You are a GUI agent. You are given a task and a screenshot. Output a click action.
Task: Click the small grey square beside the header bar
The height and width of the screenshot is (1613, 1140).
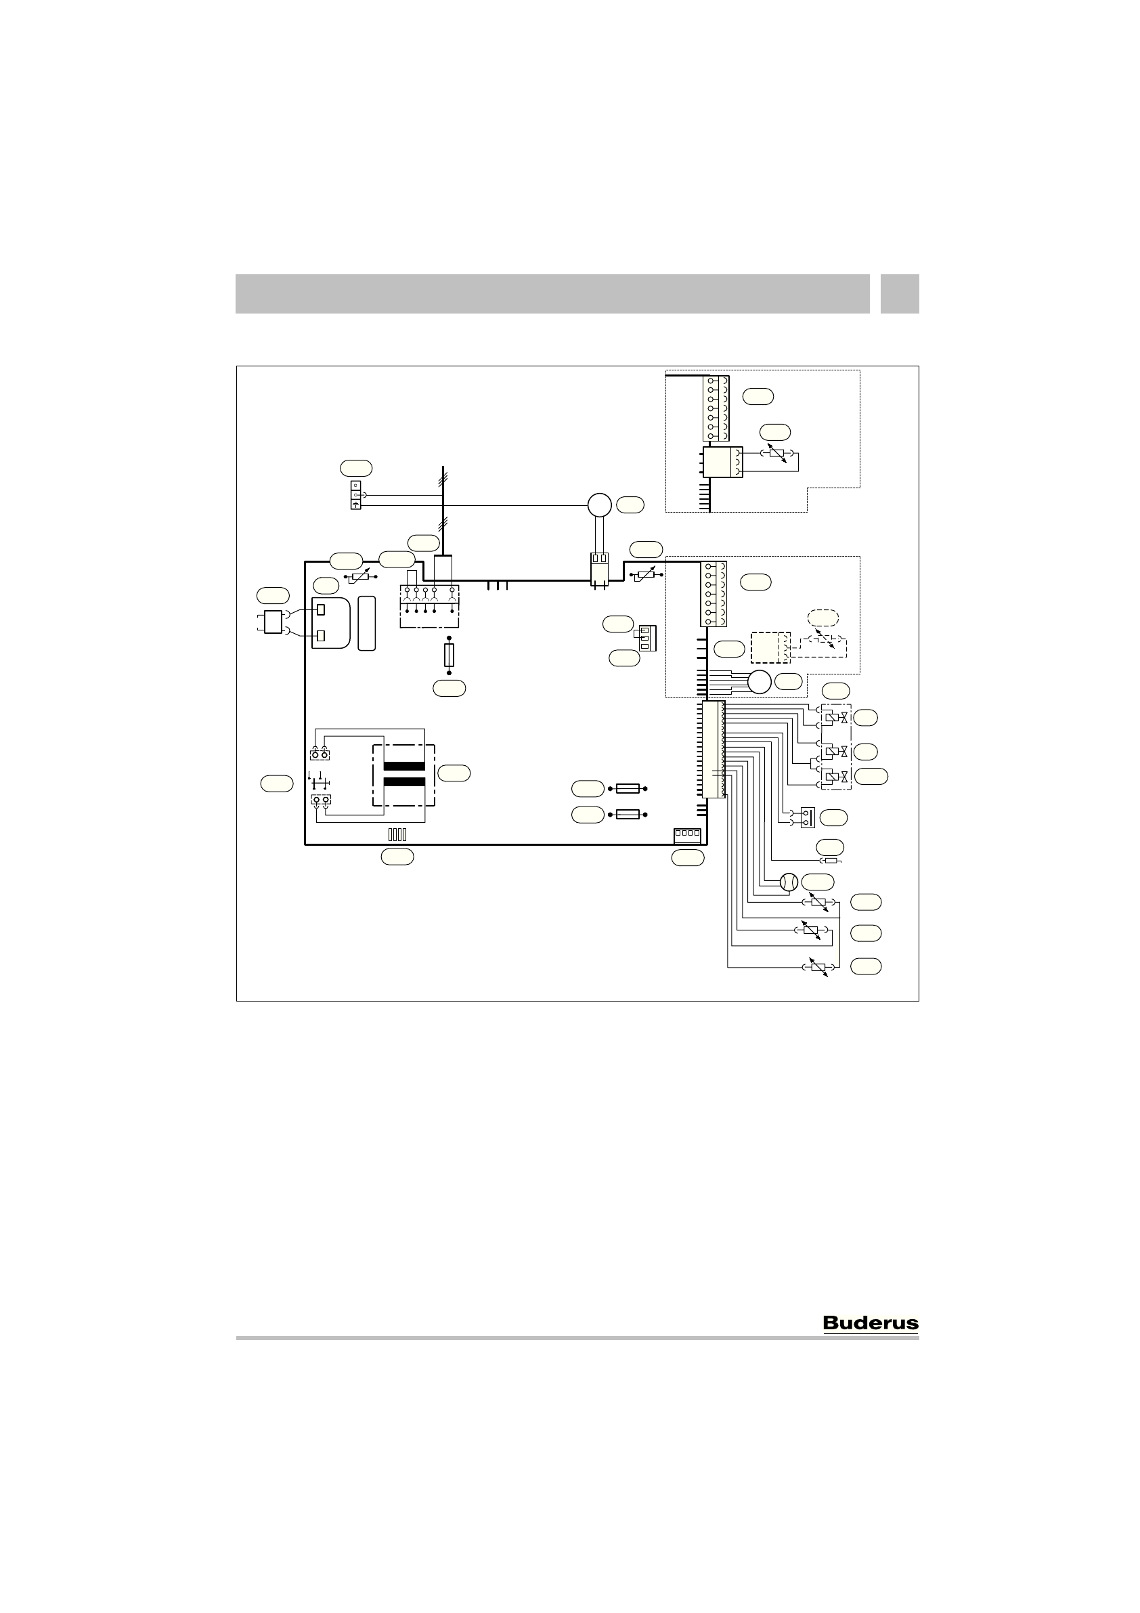point(900,294)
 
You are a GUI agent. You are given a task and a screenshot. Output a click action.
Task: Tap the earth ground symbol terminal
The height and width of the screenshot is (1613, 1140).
point(356,504)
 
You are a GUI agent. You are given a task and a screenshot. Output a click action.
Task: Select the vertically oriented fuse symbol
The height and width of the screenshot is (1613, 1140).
point(450,655)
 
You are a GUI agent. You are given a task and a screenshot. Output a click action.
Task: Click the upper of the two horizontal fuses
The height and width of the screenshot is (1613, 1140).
point(628,789)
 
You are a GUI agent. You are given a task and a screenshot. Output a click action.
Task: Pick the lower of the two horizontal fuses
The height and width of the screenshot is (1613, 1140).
point(628,814)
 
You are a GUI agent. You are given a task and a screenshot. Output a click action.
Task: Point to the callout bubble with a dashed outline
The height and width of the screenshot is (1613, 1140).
point(823,618)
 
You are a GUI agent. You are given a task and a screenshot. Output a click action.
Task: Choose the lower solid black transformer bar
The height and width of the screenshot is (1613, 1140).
point(404,782)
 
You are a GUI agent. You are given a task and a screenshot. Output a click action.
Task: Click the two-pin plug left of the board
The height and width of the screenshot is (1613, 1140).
point(273,622)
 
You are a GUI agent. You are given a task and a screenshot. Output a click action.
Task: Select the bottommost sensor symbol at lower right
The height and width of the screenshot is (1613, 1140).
point(818,968)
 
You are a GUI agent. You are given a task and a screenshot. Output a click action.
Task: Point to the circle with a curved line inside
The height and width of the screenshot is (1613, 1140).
point(789,882)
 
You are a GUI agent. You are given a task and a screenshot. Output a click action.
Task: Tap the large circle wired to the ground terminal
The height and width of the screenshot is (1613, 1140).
point(600,504)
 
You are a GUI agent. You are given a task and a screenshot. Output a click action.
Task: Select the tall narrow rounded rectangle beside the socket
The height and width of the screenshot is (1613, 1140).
point(366,623)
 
